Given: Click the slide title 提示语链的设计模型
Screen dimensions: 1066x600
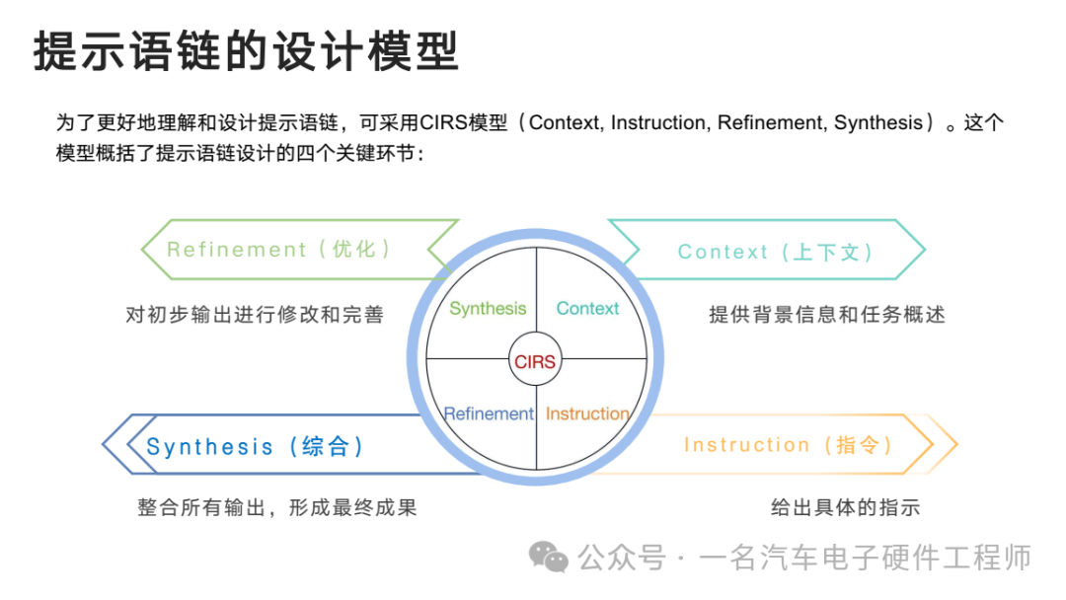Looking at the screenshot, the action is (246, 51).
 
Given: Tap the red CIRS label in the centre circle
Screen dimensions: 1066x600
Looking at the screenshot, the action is (535, 361).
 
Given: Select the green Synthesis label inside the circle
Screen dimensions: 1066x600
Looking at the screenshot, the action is (488, 309).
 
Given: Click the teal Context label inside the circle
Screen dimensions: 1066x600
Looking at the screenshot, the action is (587, 309).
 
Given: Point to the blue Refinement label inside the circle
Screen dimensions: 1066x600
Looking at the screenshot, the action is (489, 413).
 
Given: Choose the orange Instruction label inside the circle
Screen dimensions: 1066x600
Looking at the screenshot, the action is (587, 413).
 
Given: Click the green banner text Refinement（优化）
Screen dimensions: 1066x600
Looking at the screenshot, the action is (278, 250).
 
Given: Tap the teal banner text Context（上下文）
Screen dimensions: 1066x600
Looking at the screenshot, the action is (776, 252).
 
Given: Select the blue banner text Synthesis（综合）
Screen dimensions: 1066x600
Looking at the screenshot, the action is (255, 446).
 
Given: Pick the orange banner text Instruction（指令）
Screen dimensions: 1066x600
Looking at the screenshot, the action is (788, 445).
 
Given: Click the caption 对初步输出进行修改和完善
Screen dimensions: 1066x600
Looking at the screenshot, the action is (255, 315).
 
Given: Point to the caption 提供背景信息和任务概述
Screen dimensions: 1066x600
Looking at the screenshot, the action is (827, 315).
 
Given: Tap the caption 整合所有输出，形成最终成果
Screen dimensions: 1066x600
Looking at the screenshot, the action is (277, 507).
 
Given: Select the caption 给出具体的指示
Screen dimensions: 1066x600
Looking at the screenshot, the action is (845, 507).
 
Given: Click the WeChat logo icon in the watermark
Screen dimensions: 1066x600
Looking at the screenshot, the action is (549, 558).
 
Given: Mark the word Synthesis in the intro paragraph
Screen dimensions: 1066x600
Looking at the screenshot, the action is (878, 122).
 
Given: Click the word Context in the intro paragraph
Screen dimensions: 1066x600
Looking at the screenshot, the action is (565, 122).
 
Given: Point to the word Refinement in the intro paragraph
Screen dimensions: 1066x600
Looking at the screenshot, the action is (772, 122).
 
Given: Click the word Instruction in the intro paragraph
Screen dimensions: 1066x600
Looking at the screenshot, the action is (659, 122).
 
